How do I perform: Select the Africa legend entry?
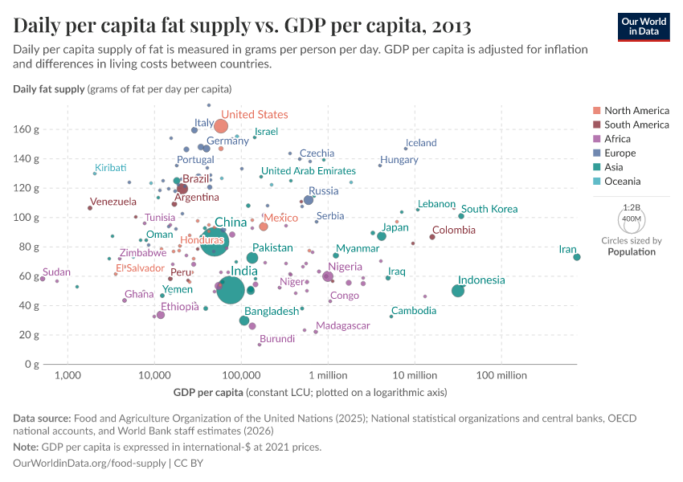tap(619, 139)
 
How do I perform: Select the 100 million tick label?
tap(501, 375)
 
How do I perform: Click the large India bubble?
tap(231, 289)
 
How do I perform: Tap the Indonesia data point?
tap(458, 291)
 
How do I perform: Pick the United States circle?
tap(221, 126)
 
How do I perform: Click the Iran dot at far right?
tap(577, 257)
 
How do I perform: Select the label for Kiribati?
tap(111, 167)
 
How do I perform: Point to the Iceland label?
tap(421, 143)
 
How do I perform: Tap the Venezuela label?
tap(113, 202)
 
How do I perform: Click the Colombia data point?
tap(432, 237)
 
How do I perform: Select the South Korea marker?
tap(461, 216)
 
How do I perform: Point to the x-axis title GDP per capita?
tap(208, 392)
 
